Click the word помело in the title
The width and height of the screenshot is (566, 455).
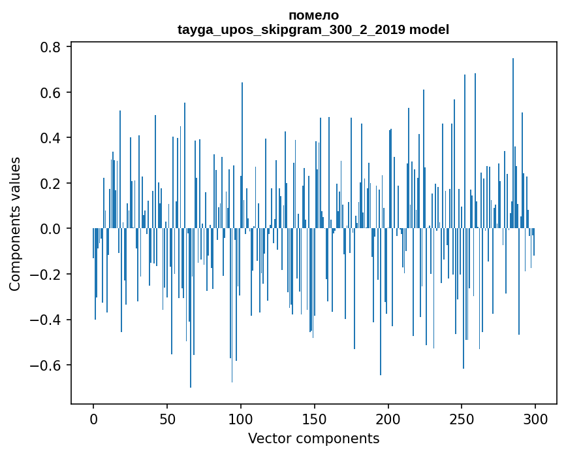(x=313, y=15)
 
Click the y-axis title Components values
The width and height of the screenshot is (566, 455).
(x=15, y=224)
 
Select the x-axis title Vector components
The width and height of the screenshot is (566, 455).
(x=313, y=438)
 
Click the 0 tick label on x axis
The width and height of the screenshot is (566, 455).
(x=93, y=418)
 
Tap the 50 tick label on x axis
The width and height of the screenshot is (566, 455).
(x=167, y=418)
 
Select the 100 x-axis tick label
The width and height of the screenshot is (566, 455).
(x=241, y=418)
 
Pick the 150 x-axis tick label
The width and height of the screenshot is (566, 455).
(x=315, y=418)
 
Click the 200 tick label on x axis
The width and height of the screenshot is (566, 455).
(x=388, y=418)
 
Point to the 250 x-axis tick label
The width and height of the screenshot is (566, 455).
(x=462, y=418)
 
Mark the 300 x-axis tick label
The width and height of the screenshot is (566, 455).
(x=536, y=418)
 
